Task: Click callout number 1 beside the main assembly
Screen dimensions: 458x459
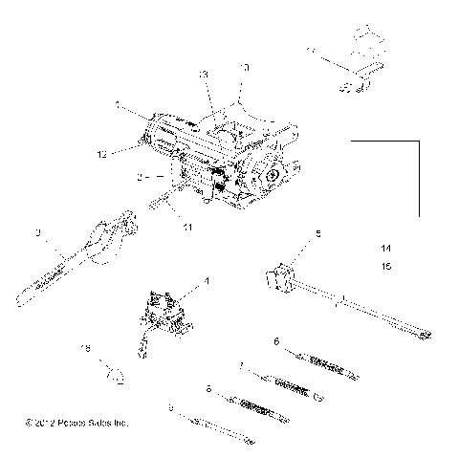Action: point(117,103)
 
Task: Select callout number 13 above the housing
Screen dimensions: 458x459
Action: point(203,74)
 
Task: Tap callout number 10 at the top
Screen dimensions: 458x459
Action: point(245,69)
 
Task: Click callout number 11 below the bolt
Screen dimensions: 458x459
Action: point(188,228)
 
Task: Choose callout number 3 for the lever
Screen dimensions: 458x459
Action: point(37,233)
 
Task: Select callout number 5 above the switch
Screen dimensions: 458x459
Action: point(292,233)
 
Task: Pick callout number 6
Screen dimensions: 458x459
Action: point(275,341)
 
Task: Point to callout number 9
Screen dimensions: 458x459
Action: point(171,408)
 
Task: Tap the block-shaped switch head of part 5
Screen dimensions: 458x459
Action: point(278,276)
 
